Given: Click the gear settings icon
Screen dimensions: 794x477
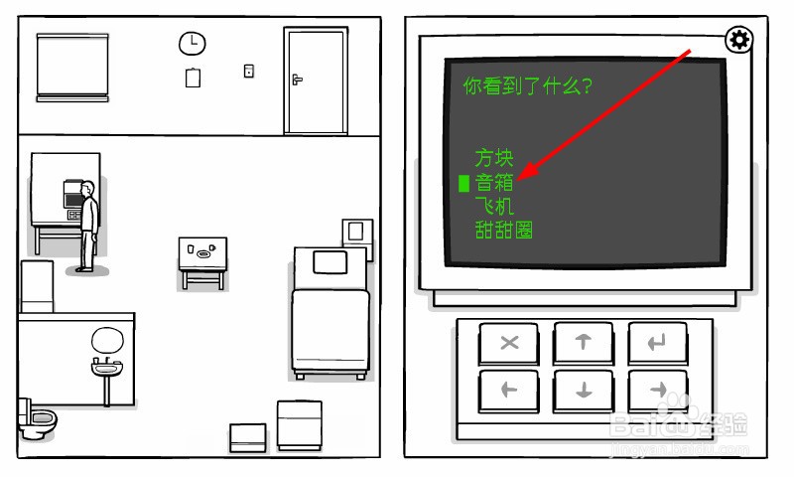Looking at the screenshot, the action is pos(738,40).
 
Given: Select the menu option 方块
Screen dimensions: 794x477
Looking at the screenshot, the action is pos(493,157).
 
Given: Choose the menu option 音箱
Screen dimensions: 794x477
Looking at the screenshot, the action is pos(493,183).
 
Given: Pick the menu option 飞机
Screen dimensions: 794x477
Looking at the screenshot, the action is pos(493,207).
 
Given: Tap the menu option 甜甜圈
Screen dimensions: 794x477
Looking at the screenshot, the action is pos(503,231).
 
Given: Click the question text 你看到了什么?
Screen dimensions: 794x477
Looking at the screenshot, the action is pos(527,85).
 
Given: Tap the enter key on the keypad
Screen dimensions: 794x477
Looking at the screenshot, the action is pos(656,343).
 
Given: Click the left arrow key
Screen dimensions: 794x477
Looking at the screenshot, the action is pos(509,390).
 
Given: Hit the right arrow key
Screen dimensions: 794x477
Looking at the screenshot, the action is pos(656,390).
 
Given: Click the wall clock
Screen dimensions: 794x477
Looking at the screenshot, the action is pos(192,43).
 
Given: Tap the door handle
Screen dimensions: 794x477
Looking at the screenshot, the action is pos(296,79).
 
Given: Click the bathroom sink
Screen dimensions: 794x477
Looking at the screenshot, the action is pos(105,369).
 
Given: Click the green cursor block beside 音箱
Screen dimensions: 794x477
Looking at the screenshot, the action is pos(463,183).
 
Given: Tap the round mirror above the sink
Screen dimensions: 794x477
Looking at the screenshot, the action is pos(105,340).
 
